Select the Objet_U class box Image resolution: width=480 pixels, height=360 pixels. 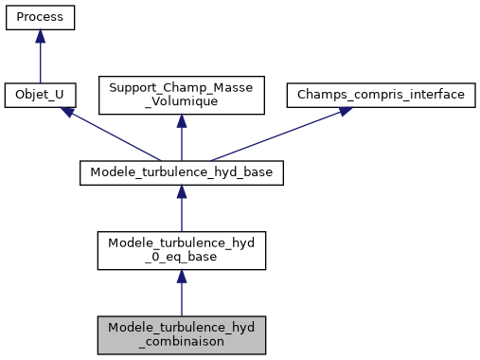pyautogui.click(x=40, y=96)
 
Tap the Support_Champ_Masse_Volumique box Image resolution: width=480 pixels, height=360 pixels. pyautogui.click(x=181, y=96)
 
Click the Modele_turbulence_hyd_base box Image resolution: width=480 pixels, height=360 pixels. pyautogui.click(x=181, y=173)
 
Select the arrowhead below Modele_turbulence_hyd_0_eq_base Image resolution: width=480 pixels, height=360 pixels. pyautogui.click(x=181, y=276)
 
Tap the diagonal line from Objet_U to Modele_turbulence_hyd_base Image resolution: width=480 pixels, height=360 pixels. pyautogui.click(x=114, y=136)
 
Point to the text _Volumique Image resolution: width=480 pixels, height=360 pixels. pyautogui.click(x=181, y=102)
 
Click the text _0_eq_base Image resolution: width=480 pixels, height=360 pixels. pyautogui.click(x=181, y=257)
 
